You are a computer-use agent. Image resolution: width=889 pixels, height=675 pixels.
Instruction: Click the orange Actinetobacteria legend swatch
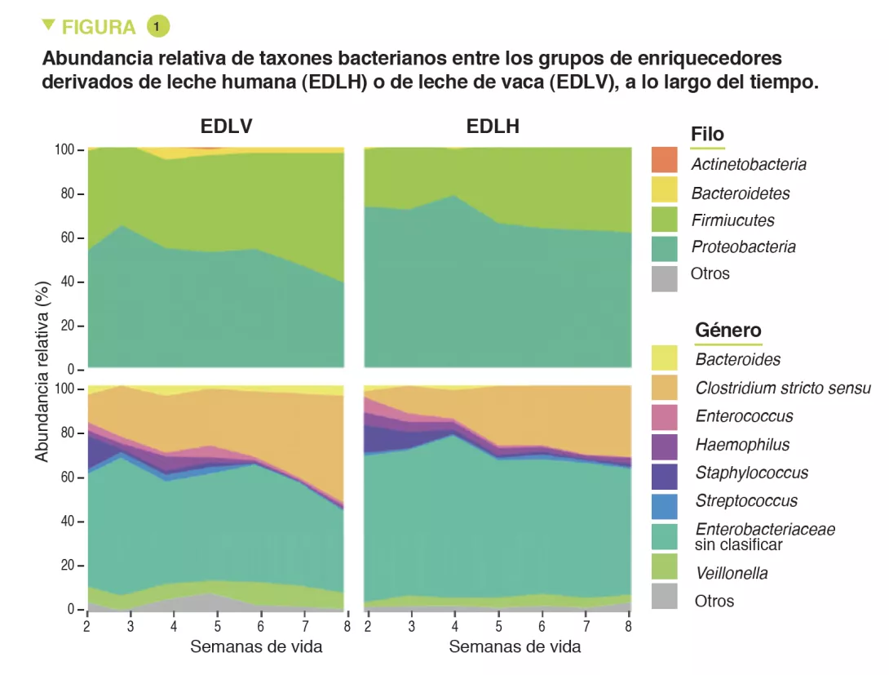[x=665, y=160]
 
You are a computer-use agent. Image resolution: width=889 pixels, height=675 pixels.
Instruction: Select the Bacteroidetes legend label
[x=741, y=193]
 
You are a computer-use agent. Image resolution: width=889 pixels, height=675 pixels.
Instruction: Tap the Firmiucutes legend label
[x=732, y=220]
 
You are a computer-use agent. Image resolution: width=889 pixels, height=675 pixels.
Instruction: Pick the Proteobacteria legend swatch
[x=665, y=247]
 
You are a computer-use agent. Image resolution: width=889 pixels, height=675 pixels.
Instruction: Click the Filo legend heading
[x=707, y=135]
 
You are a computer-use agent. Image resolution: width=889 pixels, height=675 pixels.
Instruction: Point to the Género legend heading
[x=728, y=331]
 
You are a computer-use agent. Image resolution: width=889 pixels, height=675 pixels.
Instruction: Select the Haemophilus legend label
[x=742, y=445]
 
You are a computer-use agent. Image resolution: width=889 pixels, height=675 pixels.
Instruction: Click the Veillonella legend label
[x=732, y=573]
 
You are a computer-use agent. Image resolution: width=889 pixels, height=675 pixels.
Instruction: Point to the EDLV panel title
[x=226, y=127]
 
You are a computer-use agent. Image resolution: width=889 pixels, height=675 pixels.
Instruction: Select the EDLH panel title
[x=493, y=127]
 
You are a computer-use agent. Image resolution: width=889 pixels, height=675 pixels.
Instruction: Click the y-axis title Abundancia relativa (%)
[x=42, y=371]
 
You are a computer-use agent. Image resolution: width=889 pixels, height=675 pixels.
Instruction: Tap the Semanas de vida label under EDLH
[x=515, y=647]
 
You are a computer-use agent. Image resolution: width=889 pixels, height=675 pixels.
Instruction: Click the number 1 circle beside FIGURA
[x=157, y=26]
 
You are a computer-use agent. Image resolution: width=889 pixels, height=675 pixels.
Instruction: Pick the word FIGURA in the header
[x=99, y=27]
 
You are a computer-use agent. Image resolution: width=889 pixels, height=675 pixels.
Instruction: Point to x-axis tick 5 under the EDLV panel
[x=218, y=627]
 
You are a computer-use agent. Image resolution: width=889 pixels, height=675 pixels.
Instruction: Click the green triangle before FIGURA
[x=48, y=25]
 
